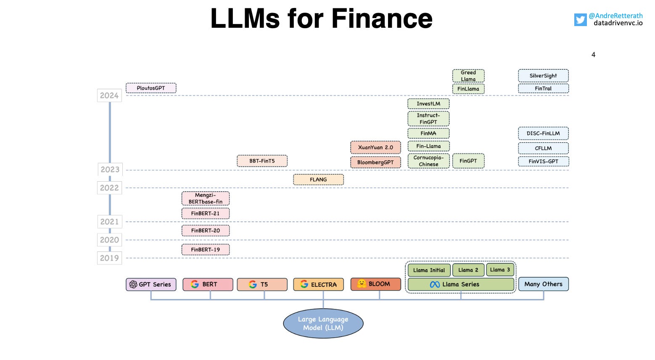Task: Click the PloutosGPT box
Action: pyautogui.click(x=151, y=88)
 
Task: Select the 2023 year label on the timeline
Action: pyautogui.click(x=110, y=169)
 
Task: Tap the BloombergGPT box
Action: pyautogui.click(x=375, y=162)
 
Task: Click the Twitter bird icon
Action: pyautogui.click(x=580, y=20)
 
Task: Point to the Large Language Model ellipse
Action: pyautogui.click(x=323, y=323)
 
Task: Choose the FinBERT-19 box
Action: pyautogui.click(x=206, y=249)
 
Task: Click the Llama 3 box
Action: pyautogui.click(x=500, y=270)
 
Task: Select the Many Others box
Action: pyautogui.click(x=543, y=284)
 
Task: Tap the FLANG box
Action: pyautogui.click(x=318, y=180)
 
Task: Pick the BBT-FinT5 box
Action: pyautogui.click(x=262, y=161)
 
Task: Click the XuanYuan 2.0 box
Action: pyautogui.click(x=375, y=147)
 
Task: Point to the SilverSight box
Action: pyautogui.click(x=543, y=76)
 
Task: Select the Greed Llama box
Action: pyautogui.click(x=468, y=76)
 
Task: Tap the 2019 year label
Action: pyautogui.click(x=109, y=258)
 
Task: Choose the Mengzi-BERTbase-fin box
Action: pyautogui.click(x=206, y=199)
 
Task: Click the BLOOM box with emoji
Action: pyautogui.click(x=375, y=284)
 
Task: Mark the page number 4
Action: pyautogui.click(x=593, y=55)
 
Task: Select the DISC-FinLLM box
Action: pyautogui.click(x=543, y=133)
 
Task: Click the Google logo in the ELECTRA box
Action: pyautogui.click(x=304, y=284)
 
